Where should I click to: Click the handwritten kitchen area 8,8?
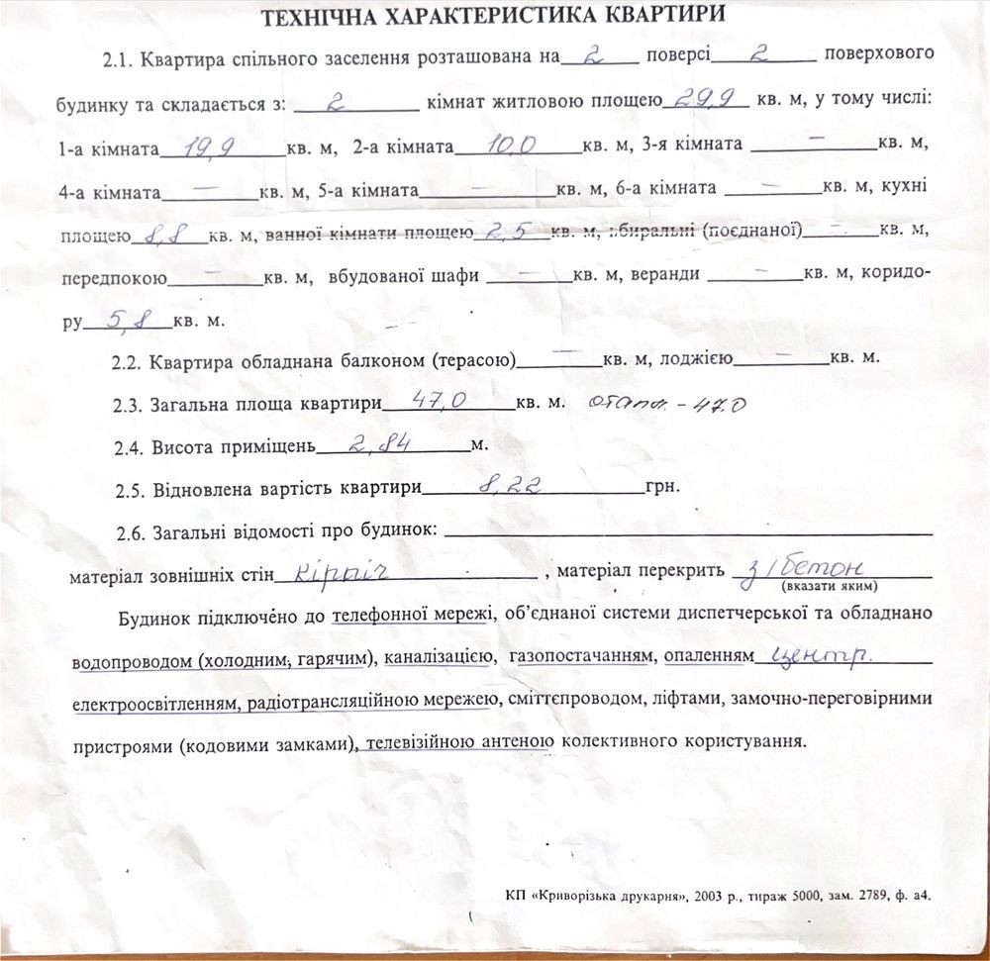tap(164, 235)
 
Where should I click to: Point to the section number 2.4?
tap(129, 448)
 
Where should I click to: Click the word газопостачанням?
tap(580, 657)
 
